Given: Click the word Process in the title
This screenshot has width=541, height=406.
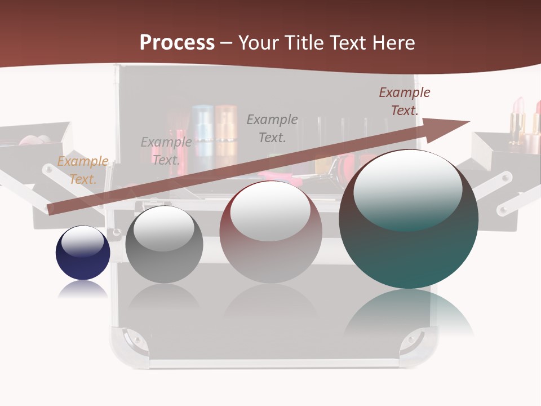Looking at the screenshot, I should (177, 43).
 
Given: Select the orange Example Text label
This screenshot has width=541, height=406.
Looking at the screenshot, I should (83, 170).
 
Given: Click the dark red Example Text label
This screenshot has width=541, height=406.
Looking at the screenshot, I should (404, 101).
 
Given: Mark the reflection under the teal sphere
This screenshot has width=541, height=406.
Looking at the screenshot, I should (409, 313).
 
